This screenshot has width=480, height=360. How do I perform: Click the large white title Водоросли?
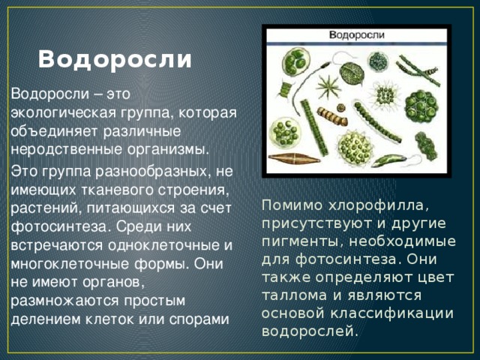point(115,59)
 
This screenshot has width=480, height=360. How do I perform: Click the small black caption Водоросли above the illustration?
point(357,35)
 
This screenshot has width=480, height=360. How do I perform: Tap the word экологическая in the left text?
point(64,113)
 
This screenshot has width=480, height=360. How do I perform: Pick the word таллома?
point(295,295)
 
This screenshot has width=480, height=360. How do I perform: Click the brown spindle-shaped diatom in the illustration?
point(294,158)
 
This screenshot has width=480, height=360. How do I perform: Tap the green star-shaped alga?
point(328,87)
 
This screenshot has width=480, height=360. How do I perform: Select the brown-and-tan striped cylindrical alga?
point(333,116)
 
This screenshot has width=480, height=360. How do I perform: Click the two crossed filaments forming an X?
point(418,70)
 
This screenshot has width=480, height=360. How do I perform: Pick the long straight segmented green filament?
point(314,127)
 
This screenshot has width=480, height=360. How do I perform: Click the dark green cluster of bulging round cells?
point(421,106)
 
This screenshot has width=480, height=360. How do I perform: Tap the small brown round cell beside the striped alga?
point(340,108)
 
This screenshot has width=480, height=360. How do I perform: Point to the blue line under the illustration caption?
point(357,44)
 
